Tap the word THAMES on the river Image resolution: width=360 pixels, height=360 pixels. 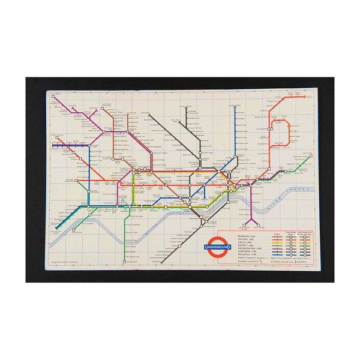click(x=298, y=191)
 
